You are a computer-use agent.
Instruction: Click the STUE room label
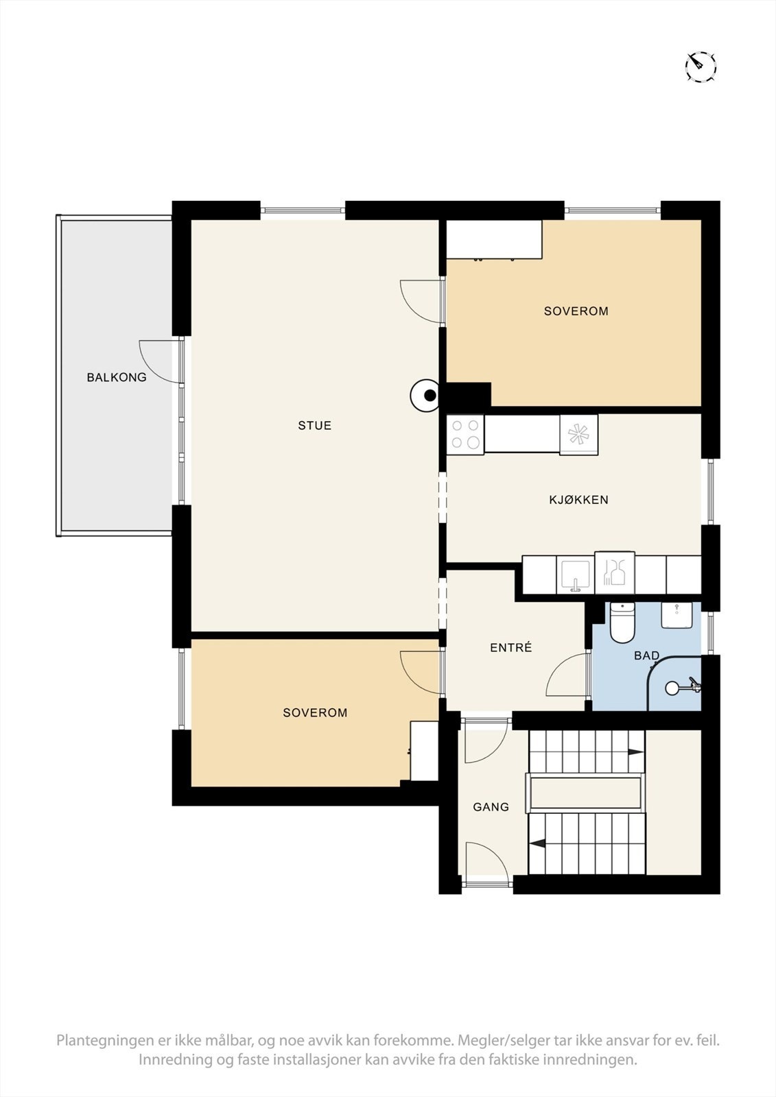click(315, 426)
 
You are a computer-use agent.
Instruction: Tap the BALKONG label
click(117, 377)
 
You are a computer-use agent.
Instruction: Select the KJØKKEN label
click(578, 500)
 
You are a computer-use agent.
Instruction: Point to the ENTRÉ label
click(510, 647)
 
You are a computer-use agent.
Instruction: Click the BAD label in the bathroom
click(646, 655)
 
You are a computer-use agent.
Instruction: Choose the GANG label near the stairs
click(491, 806)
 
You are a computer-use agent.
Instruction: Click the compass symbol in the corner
click(700, 65)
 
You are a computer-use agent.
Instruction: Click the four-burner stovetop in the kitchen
click(465, 435)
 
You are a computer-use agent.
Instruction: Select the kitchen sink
click(576, 575)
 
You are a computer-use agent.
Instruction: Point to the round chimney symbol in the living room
click(425, 395)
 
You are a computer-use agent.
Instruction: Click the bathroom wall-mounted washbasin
click(677, 615)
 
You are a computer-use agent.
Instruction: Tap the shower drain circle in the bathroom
click(671, 688)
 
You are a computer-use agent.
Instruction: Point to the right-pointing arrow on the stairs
click(636, 752)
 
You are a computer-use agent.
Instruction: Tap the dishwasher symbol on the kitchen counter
click(615, 573)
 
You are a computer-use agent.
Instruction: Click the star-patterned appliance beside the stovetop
click(579, 435)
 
